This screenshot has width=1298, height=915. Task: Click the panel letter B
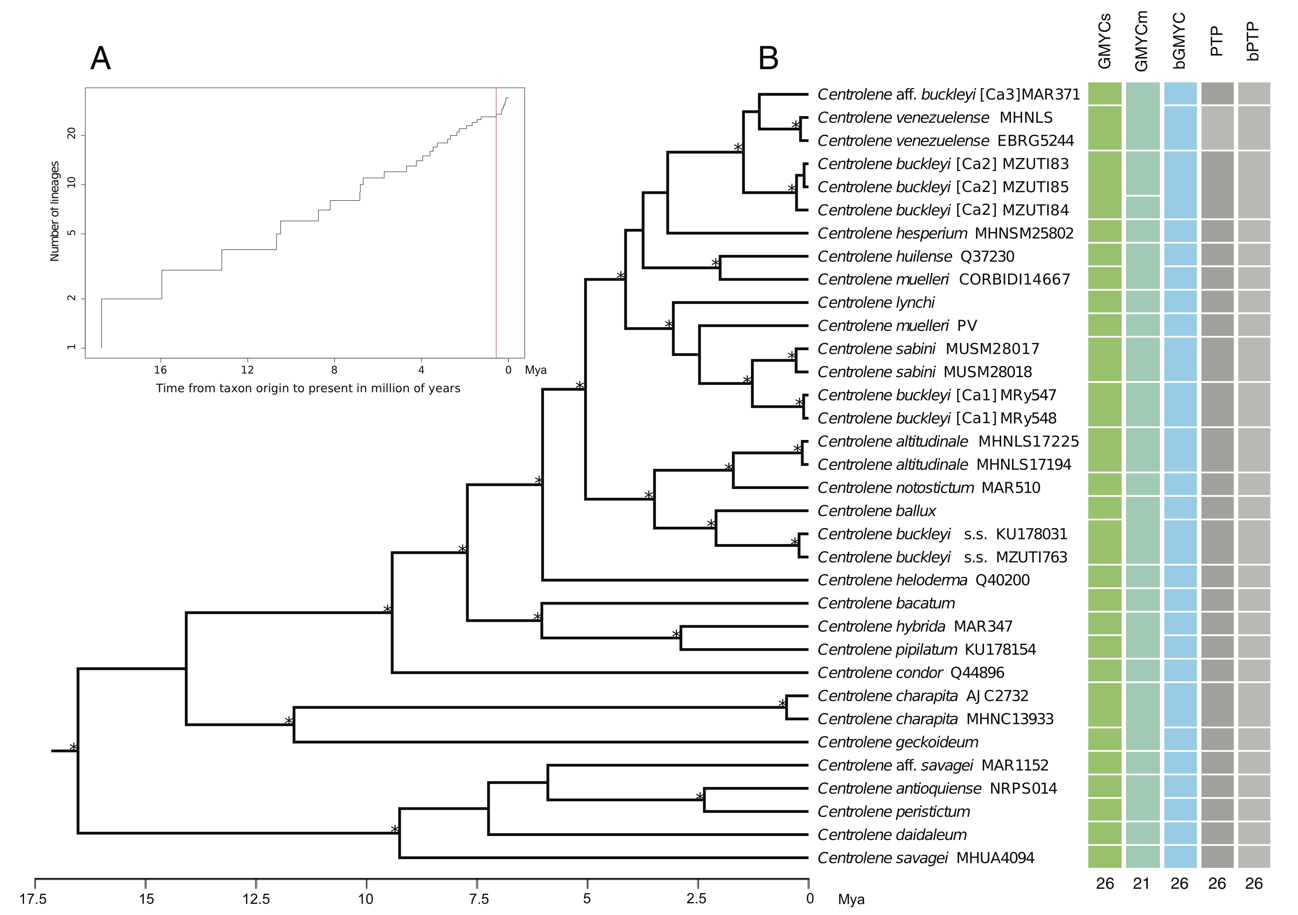point(768,58)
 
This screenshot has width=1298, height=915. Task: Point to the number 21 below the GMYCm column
point(1141,883)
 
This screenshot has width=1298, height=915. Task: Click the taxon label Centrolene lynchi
point(876,303)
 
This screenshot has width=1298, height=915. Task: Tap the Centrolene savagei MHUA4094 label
point(925,858)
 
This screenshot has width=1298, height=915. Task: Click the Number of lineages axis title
point(55,211)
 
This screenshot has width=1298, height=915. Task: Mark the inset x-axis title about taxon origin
point(308,388)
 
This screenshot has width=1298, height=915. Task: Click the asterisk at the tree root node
point(73,747)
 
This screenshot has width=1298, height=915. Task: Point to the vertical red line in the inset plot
point(496,226)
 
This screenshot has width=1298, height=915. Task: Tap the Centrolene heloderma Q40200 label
point(923,581)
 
